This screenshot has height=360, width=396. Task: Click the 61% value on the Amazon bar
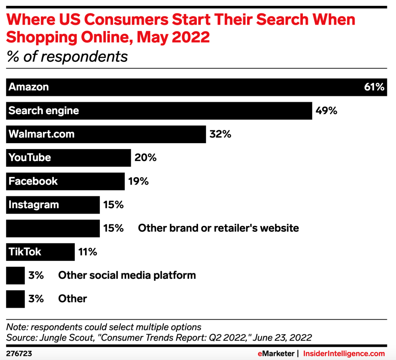(x=374, y=87)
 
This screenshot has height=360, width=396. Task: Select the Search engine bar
(x=159, y=111)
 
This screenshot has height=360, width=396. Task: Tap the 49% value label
(x=326, y=111)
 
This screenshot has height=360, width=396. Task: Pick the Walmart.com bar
(x=106, y=134)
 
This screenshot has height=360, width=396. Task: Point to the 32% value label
(x=220, y=134)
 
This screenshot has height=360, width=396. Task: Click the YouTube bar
(x=69, y=158)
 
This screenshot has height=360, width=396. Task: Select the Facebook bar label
(x=33, y=181)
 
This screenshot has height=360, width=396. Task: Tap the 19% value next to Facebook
(x=138, y=181)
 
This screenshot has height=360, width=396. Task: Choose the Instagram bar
(x=53, y=205)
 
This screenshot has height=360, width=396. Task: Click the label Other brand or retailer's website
(x=218, y=228)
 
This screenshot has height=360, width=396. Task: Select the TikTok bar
(x=40, y=252)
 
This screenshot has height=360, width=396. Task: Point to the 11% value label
(x=88, y=252)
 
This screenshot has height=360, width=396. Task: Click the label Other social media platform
(x=127, y=275)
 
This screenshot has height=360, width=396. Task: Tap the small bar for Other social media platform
(x=15, y=275)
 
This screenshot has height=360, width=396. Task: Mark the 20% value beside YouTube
(x=146, y=158)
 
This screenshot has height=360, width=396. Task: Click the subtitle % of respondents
(x=67, y=57)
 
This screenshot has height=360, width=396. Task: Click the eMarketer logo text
(x=275, y=354)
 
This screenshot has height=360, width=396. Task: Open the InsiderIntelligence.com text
(x=344, y=354)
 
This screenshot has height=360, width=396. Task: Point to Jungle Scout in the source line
(x=58, y=338)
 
